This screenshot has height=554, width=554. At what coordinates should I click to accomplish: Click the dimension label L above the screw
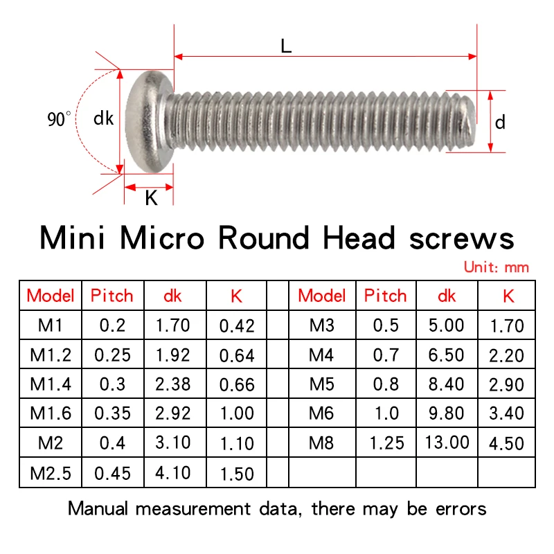click(286, 46)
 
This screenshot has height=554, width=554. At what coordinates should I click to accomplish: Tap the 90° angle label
click(59, 119)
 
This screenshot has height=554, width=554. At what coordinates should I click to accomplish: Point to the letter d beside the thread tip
click(500, 123)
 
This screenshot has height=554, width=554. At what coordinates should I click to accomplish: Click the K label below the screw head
click(151, 198)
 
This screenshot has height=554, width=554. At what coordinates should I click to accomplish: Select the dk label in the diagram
click(103, 118)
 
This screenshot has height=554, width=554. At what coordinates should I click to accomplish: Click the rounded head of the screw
click(148, 121)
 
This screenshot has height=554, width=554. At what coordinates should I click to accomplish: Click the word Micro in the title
click(162, 238)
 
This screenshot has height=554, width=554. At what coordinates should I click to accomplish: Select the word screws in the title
click(461, 239)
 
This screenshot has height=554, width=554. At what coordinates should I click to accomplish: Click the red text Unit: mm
click(497, 267)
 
